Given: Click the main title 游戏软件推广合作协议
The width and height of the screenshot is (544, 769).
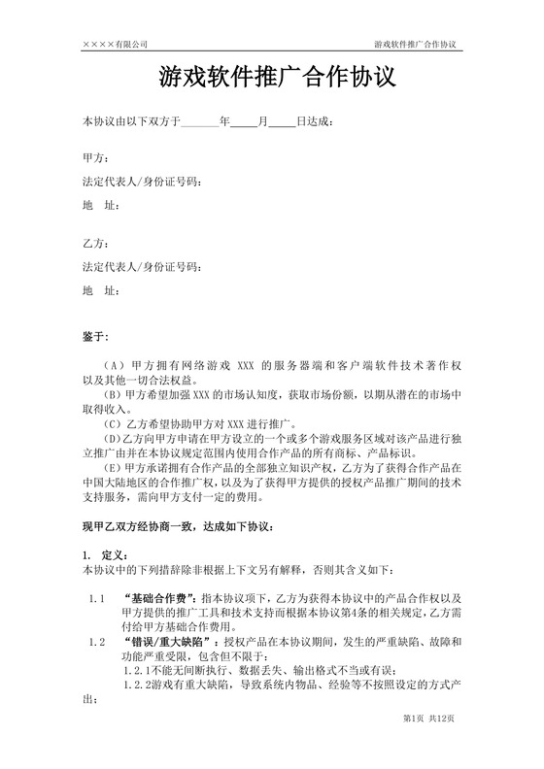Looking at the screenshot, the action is click(x=271, y=76).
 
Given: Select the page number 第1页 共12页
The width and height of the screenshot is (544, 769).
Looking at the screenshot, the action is click(x=428, y=745).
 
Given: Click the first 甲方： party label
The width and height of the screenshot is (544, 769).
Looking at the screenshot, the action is click(x=95, y=157).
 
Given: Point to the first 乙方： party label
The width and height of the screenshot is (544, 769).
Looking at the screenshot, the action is click(x=95, y=243).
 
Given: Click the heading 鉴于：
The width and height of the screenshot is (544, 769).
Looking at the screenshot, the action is click(x=97, y=335).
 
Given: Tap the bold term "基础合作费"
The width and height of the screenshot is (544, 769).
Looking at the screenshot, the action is click(x=161, y=599).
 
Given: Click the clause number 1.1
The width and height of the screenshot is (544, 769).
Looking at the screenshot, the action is click(x=96, y=599).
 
